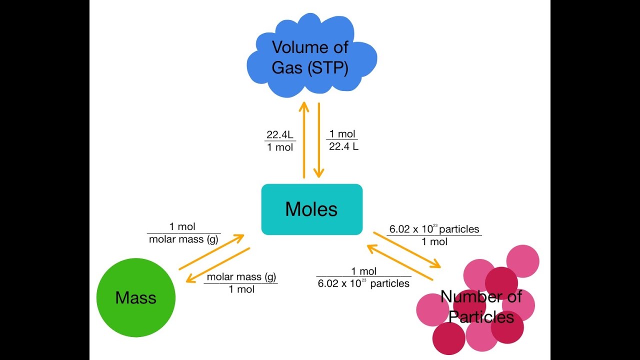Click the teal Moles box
311,209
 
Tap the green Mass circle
135,297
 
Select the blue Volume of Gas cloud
311,55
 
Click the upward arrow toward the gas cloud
304,140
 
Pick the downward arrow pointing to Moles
319,140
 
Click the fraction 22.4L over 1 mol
280,141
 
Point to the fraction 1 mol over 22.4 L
343,140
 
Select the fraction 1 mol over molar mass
183,233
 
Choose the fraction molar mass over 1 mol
241,283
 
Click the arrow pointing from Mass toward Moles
211,252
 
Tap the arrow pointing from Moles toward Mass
217,265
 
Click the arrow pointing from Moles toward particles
407,250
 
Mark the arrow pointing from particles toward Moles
399,262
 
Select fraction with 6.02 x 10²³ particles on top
434,235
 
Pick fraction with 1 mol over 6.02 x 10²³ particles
363,277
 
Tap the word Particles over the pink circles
481,317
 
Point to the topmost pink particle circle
523,261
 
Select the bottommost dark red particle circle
448,338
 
